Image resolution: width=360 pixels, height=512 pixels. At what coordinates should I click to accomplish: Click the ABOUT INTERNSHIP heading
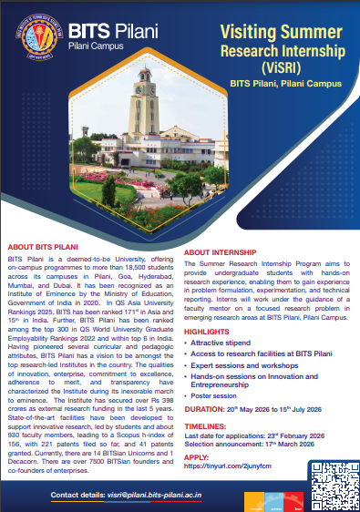pyautogui.click(x=221, y=251)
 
